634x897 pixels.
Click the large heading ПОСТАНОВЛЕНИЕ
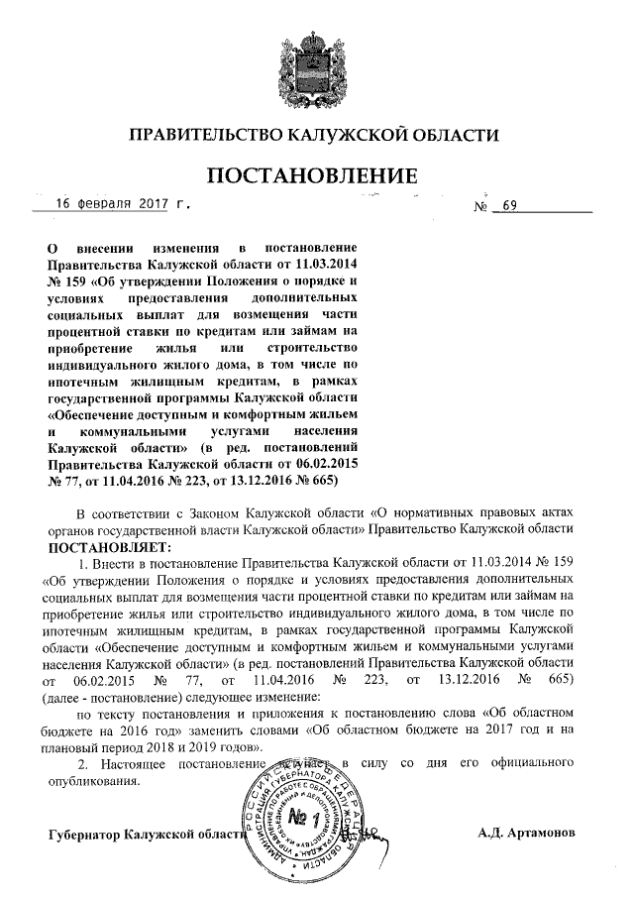coord(309,176)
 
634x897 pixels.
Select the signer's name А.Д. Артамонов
coord(524,832)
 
